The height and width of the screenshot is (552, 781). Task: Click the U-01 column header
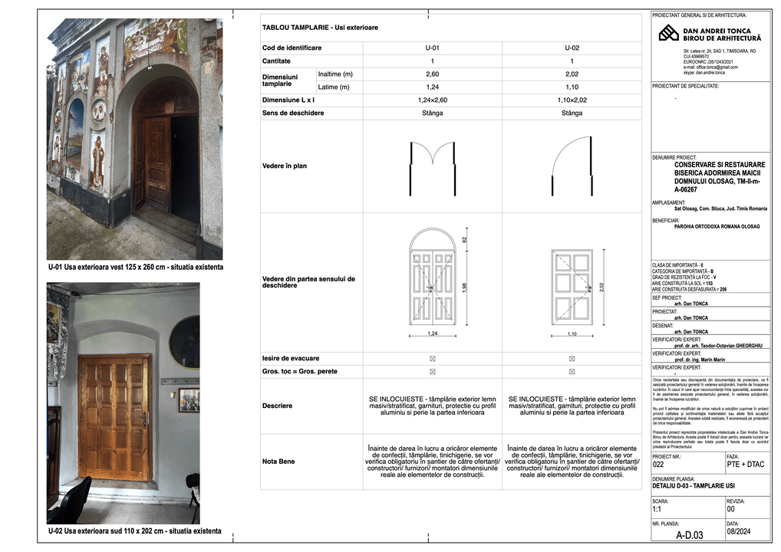point(432,48)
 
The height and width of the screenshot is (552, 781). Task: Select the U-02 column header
point(572,48)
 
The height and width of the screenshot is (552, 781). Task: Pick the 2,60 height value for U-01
point(432,74)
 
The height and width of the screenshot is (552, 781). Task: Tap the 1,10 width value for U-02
point(572,87)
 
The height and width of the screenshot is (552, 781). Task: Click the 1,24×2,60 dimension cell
point(432,100)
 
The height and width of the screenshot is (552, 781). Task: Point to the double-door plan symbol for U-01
point(433,165)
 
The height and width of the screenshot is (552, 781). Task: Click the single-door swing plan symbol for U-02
point(572,164)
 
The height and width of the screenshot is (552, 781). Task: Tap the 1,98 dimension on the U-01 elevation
point(464,287)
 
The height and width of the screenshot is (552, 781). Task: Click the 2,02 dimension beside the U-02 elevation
point(602,287)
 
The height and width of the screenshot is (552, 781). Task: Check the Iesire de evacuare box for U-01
point(432,358)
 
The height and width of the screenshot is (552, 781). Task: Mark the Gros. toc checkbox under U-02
point(572,371)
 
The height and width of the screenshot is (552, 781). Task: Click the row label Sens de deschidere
point(293,113)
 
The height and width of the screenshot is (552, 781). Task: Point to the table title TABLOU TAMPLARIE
point(320,28)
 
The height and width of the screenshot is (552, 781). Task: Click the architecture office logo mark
point(668,33)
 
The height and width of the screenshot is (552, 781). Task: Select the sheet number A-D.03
point(688,536)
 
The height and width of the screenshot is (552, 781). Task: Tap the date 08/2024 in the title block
point(737,529)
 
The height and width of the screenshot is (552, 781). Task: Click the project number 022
point(658,464)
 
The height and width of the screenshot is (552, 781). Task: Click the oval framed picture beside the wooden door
point(185,342)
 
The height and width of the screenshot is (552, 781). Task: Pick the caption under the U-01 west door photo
point(135,267)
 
